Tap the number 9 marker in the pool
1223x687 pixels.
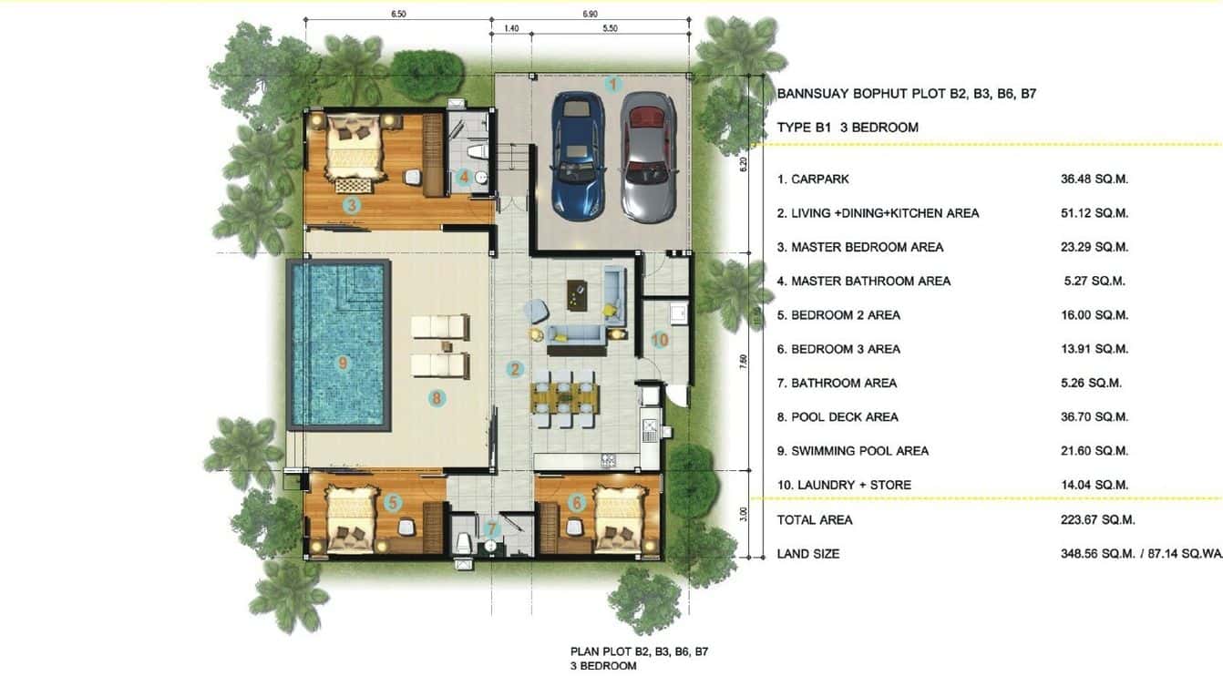343,364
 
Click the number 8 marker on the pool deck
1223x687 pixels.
437,397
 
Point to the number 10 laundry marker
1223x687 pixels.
660,341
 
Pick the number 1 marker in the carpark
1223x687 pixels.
613,85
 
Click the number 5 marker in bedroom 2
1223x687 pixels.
393,502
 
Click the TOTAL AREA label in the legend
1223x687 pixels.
815,519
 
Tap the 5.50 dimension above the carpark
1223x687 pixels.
610,29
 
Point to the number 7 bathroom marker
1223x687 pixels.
492,528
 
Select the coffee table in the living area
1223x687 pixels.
576,291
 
